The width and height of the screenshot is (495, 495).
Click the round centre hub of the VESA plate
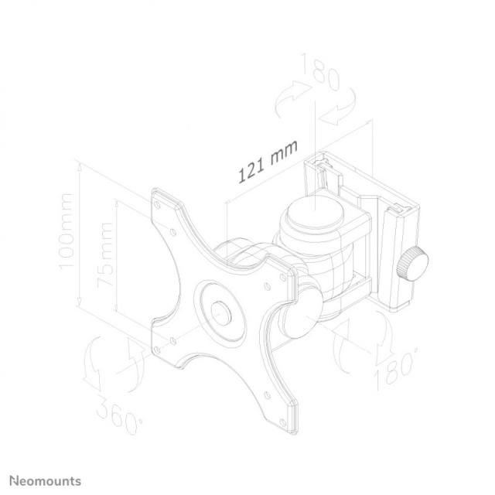click(221, 311)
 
